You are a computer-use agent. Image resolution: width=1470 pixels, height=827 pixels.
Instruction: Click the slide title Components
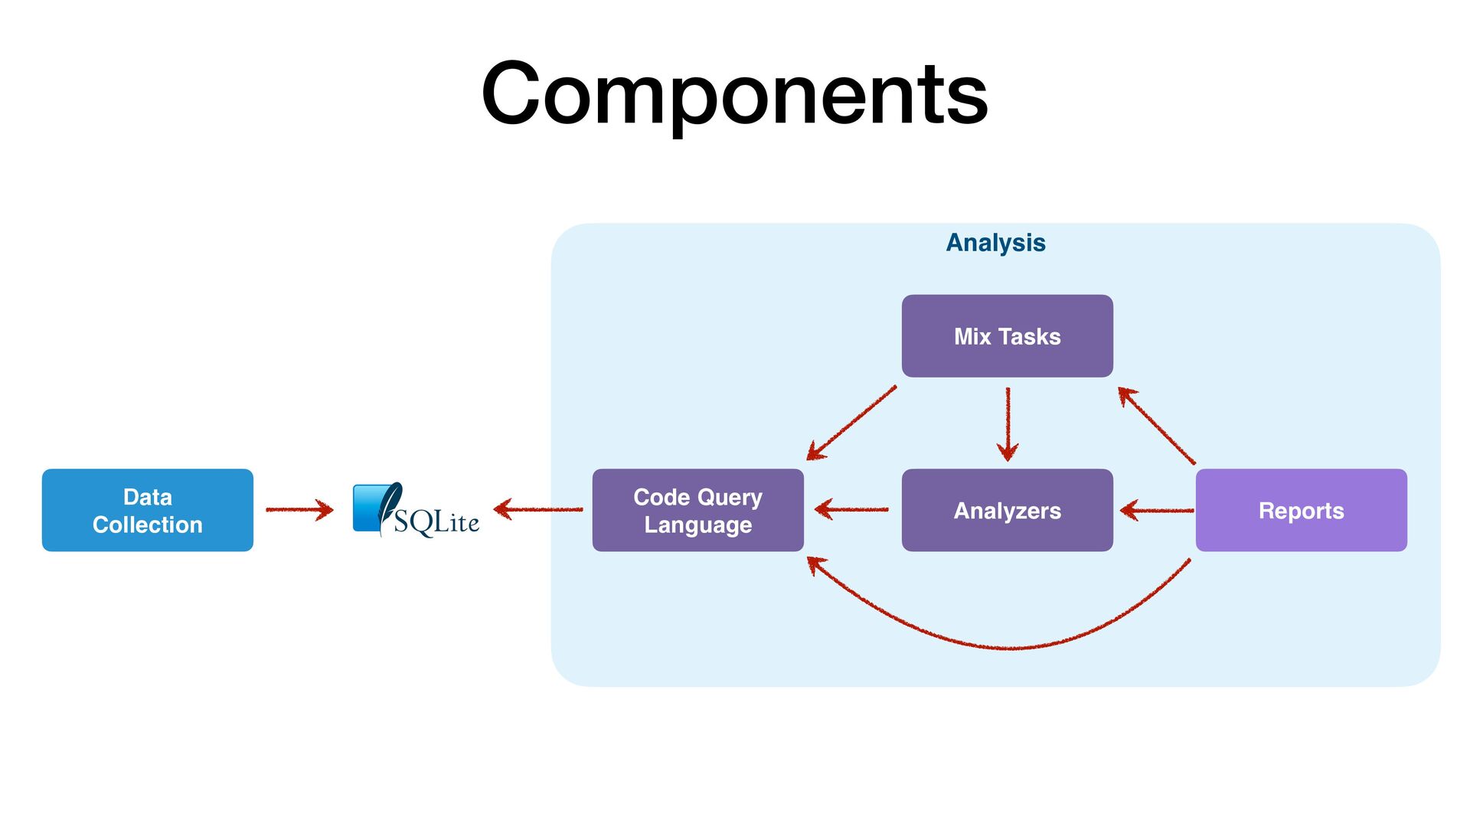point(735,93)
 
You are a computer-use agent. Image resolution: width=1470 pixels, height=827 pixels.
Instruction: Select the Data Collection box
point(148,510)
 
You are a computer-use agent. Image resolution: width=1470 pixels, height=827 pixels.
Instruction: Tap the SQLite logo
point(416,510)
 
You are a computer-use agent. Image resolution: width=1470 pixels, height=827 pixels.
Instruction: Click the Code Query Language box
point(698,510)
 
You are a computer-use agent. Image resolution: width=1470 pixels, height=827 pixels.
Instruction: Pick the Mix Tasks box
point(1008,336)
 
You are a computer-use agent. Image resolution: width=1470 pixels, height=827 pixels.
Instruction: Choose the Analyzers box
point(1008,510)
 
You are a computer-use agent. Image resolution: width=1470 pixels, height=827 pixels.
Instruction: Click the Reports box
point(1302,510)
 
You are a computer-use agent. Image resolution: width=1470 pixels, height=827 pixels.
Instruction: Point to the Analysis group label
point(995,243)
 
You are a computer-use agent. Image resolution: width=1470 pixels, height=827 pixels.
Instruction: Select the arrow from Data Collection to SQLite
point(299,509)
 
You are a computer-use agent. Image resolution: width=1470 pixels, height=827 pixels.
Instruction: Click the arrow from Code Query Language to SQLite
point(538,509)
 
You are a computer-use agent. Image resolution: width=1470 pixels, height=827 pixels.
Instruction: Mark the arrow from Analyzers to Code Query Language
point(851,509)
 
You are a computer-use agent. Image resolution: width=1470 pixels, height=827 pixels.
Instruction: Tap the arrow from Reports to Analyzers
point(1157,510)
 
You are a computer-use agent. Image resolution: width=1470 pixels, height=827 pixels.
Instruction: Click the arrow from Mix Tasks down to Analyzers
point(1008,424)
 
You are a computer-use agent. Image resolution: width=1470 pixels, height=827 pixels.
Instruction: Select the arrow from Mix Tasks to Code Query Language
point(851,423)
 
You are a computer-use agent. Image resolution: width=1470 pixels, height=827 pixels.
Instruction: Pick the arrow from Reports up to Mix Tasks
point(1156,425)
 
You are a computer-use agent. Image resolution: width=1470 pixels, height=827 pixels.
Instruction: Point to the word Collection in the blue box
point(148,525)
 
